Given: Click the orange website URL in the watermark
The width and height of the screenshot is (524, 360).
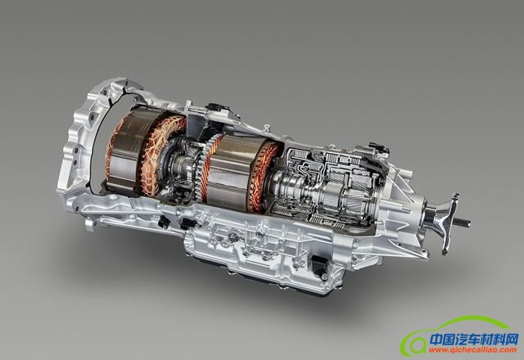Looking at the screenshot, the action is coord(473,350).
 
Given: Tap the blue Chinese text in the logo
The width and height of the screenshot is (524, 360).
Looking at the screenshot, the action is coord(474,340).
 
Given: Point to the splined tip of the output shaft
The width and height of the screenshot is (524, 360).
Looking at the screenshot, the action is coord(465,223).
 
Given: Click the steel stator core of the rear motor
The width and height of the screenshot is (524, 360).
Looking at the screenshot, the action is coord(231,170).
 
